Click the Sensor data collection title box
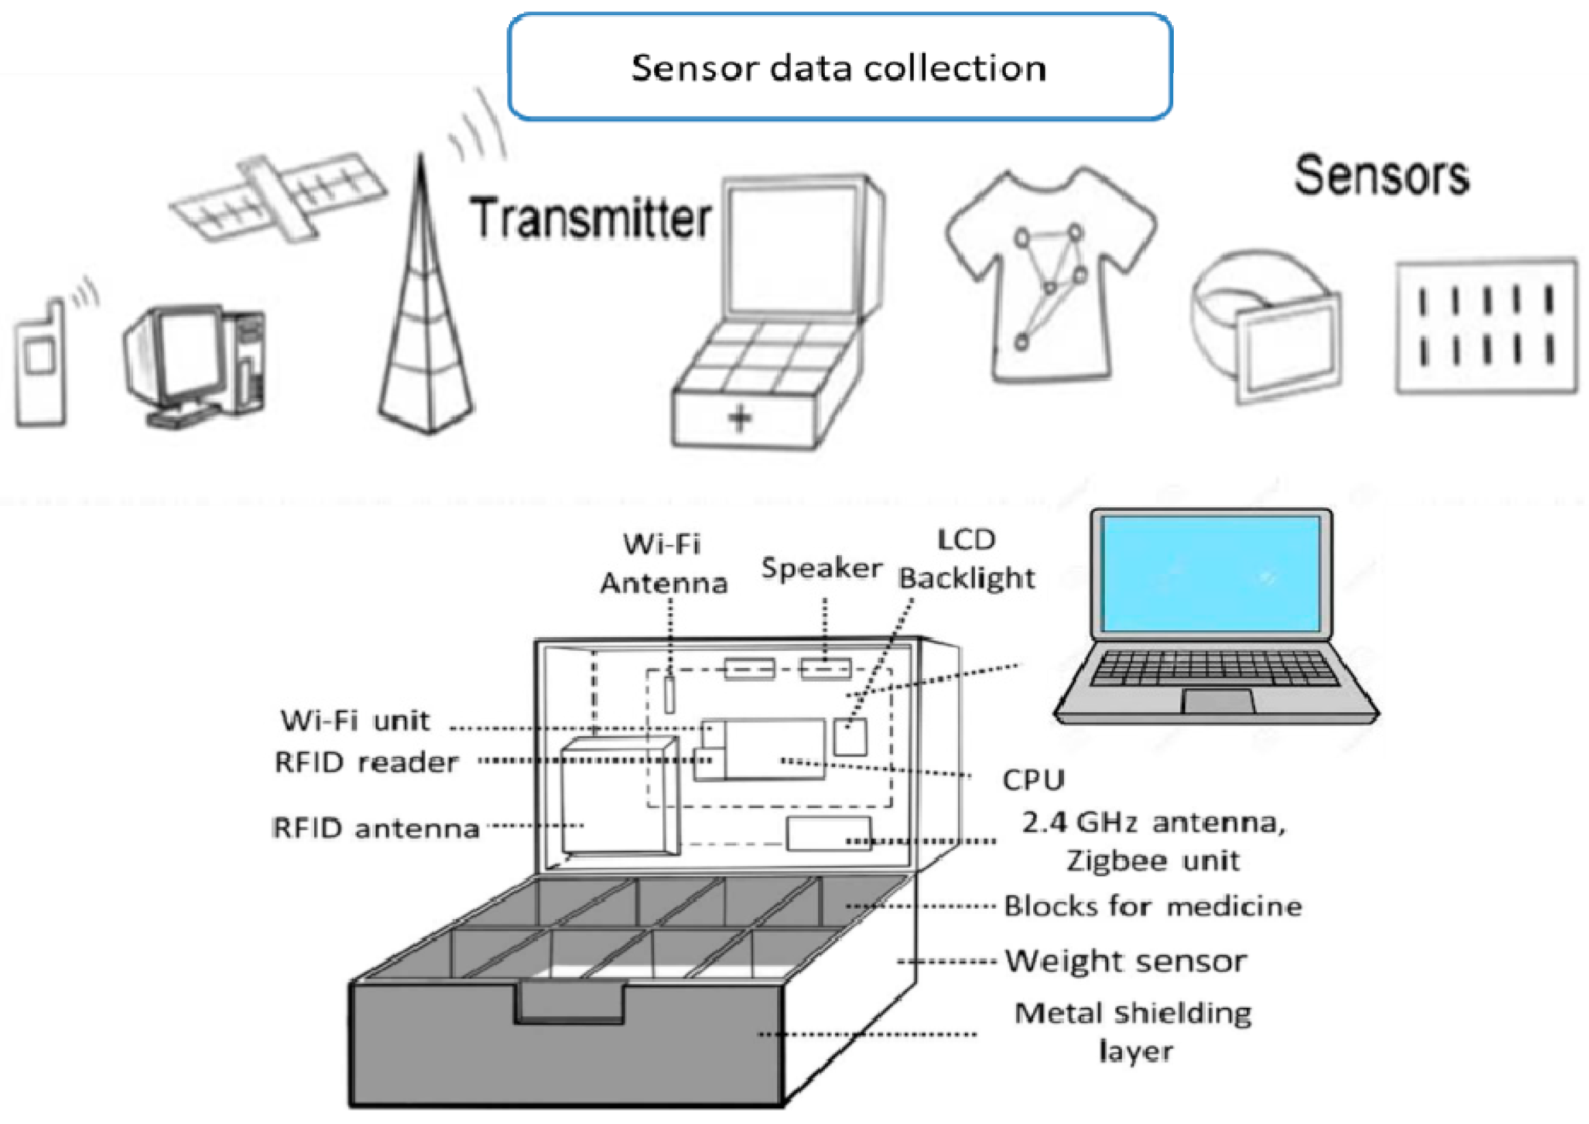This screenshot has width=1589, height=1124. pyautogui.click(x=839, y=67)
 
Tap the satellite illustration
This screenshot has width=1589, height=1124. pyautogui.click(x=277, y=197)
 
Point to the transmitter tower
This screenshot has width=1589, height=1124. pyautogui.click(x=423, y=325)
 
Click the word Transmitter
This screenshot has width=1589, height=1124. pyautogui.click(x=590, y=219)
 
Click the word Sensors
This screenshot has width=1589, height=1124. pyautogui.click(x=1381, y=176)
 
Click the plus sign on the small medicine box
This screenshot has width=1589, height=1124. pyautogui.click(x=740, y=418)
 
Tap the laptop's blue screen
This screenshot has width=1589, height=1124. pyautogui.click(x=1211, y=574)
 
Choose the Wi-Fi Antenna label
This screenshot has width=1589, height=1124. pyautogui.click(x=663, y=563)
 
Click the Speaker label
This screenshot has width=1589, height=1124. pyautogui.click(x=821, y=568)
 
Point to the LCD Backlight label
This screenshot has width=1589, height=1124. pyautogui.click(x=966, y=559)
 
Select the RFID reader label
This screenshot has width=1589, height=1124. pyautogui.click(x=366, y=762)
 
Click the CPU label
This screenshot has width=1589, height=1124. pyautogui.click(x=1032, y=780)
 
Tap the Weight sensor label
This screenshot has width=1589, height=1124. pyautogui.click(x=1125, y=961)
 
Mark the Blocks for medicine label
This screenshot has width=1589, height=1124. pyautogui.click(x=1152, y=906)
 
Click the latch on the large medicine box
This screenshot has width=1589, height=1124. pyautogui.click(x=569, y=1002)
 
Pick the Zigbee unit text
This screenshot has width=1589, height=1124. pyautogui.click(x=1152, y=860)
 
